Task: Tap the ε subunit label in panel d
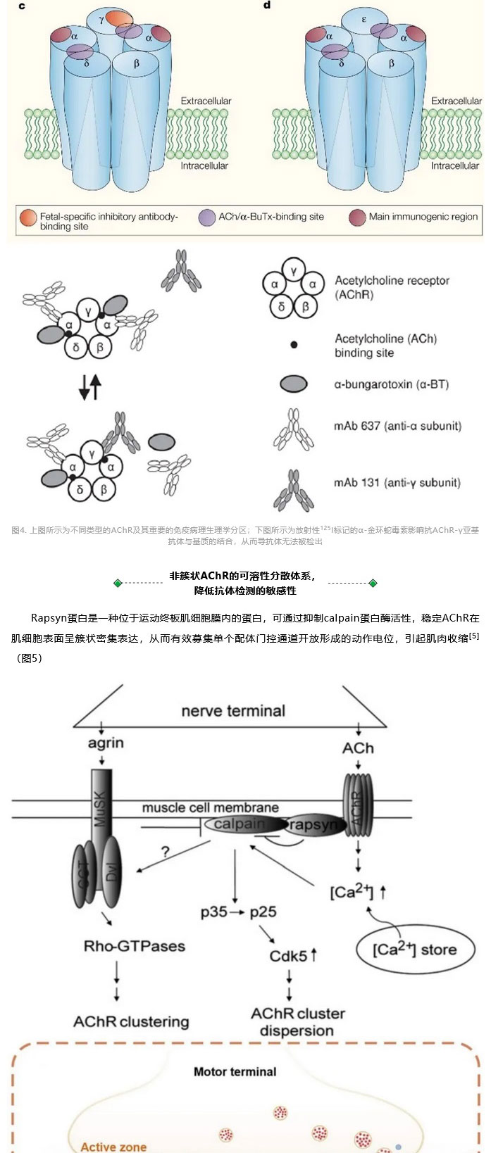pos(364,19)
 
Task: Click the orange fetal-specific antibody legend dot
pos(29,218)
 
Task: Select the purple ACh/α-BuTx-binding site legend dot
pos(207,218)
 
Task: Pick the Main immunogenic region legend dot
pos(357,218)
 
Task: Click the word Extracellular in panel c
pos(206,101)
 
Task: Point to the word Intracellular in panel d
pos(455,166)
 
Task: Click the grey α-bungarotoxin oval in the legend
pos(294,384)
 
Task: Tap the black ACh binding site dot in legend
pos(294,345)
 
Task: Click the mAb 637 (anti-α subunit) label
pos(397,426)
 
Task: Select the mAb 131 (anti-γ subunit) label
pos(397,483)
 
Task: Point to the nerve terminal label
pos(233,710)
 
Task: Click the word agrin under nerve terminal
pos(106,743)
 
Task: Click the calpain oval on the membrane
pos(240,824)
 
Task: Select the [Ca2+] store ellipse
pos(414,950)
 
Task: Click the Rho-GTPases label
pos(135,946)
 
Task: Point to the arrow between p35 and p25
pos(238,912)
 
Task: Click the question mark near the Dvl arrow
pos(166,852)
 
